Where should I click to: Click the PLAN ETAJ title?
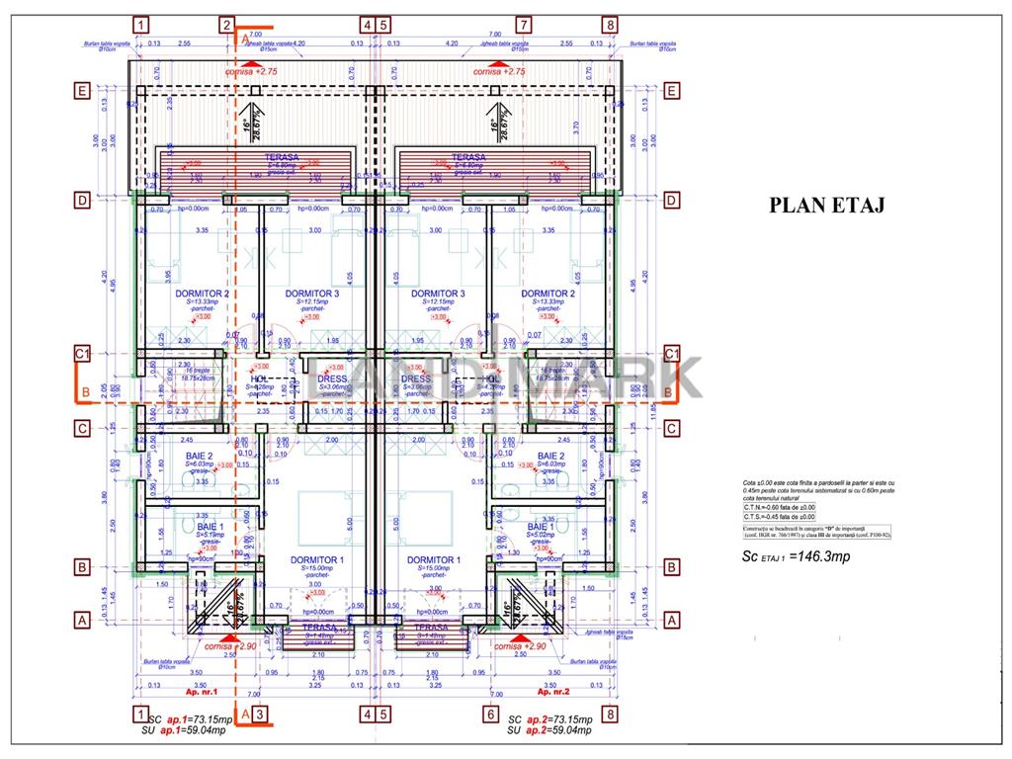(x=826, y=205)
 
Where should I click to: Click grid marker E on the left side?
(x=84, y=92)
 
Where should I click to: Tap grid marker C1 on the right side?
(x=672, y=353)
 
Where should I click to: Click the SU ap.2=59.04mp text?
(x=548, y=730)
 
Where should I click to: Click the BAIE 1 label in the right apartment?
(x=541, y=527)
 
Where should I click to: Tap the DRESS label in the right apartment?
(x=416, y=379)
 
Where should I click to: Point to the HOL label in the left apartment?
(x=260, y=379)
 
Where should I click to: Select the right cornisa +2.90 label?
(x=522, y=645)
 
